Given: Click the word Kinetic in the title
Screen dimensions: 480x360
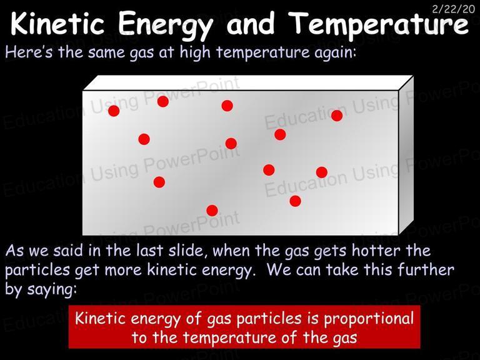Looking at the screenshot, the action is [x=58, y=23].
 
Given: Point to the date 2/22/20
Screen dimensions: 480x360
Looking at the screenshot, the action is [x=453, y=9].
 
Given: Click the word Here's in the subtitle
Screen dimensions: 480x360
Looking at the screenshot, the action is [x=29, y=52].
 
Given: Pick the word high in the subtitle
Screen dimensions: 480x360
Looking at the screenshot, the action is [x=195, y=52].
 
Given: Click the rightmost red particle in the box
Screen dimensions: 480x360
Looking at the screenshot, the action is [x=337, y=116].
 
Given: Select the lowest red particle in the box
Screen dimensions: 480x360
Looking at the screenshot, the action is [x=212, y=211].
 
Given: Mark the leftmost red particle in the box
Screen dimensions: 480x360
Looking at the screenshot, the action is [x=114, y=111].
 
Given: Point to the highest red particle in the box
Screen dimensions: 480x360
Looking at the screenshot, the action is [x=163, y=101].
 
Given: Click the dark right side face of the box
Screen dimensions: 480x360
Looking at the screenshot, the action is [x=406, y=156].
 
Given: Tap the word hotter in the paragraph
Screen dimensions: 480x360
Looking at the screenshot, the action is [x=376, y=251].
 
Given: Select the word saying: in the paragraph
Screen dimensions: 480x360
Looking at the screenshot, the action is [x=52, y=289].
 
